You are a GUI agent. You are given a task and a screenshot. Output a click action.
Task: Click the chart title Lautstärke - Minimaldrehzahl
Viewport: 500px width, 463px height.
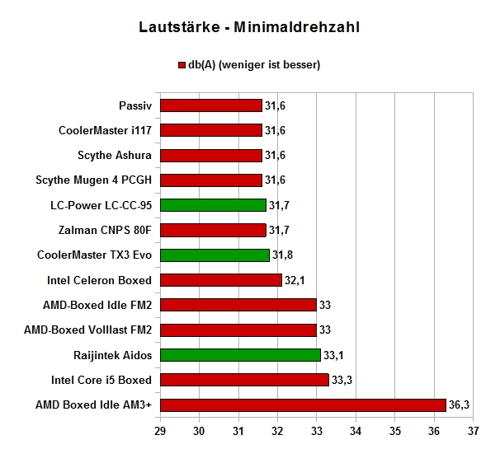249,27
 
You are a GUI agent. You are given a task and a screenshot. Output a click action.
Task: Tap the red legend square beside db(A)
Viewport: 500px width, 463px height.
182,65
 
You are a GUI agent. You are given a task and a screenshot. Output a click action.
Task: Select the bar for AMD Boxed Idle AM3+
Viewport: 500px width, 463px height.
303,405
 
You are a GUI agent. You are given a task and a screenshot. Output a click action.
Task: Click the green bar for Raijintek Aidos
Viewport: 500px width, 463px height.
240,355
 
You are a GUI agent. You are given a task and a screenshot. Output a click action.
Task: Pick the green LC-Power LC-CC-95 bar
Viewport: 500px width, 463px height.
213,205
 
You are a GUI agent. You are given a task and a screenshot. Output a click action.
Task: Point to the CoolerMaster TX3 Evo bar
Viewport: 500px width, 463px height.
215,255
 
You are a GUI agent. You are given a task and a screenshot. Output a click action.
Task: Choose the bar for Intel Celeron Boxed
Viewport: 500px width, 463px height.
221,280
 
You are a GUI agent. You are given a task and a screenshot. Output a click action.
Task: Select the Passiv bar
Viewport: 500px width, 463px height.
211,105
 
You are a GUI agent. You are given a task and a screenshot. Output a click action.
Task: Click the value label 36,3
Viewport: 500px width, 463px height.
459,405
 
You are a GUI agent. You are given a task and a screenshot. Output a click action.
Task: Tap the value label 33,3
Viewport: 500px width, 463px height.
342,380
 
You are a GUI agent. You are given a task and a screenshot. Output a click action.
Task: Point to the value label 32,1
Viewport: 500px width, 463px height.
295,280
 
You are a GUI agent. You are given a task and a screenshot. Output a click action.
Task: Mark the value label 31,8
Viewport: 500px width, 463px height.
282,255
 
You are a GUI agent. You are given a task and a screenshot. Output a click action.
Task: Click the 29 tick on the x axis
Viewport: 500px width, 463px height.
160,431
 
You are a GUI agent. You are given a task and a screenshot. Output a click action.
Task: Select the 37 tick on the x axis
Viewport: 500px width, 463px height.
474,431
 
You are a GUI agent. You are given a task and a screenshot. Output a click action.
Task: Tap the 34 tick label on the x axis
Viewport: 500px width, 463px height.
356,431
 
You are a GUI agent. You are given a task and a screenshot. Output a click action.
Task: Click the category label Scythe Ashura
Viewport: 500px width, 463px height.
115,156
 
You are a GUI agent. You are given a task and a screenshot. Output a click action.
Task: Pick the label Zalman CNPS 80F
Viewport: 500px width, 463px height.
105,230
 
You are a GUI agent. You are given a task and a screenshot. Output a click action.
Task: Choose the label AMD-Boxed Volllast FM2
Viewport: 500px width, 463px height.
88,330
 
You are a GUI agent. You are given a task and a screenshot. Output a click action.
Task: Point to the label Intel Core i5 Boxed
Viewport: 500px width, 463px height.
101,380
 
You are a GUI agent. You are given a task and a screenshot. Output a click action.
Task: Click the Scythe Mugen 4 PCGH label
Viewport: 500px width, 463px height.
94,180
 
